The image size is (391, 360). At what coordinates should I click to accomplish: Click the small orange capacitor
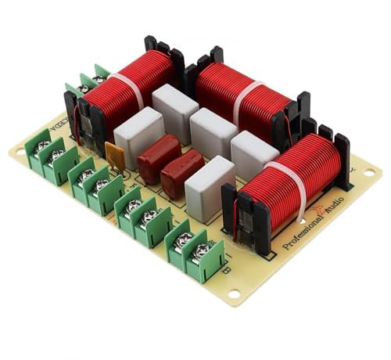coord(116,153)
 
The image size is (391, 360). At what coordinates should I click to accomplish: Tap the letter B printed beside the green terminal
coord(227,272)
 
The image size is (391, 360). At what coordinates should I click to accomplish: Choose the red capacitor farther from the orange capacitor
coord(183,169)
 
